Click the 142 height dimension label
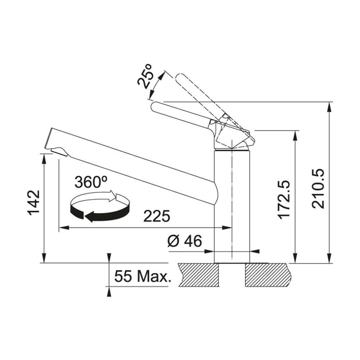coord(34,202)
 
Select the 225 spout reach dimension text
coord(157,216)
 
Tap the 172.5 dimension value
coord(284,199)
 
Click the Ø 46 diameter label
coord(185,241)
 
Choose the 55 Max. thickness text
coord(143,276)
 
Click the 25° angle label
coord(145,76)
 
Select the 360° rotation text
coord(91,182)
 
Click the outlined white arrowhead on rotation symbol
coord(112,195)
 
